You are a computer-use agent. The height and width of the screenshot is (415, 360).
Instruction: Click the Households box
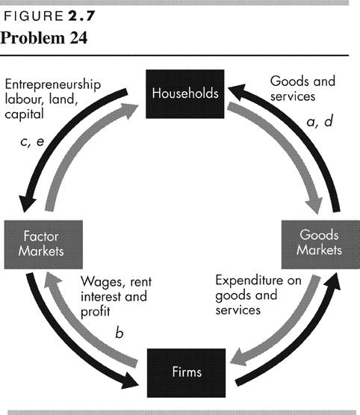click(x=185, y=94)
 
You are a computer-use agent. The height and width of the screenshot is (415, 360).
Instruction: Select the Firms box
click(x=186, y=373)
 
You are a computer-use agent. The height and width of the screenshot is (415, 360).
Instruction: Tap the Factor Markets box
click(x=43, y=245)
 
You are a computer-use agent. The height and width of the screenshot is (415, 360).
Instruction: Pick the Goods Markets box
click(x=320, y=245)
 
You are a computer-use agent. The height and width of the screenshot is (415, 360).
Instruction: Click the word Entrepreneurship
click(x=53, y=84)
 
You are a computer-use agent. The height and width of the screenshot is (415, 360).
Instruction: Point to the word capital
click(x=25, y=114)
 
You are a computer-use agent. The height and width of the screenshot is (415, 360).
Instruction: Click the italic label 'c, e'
click(x=32, y=142)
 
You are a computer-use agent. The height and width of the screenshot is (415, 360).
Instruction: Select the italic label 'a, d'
click(x=320, y=121)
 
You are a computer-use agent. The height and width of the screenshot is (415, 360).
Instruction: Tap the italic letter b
click(x=120, y=333)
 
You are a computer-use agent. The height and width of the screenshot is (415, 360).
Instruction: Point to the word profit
click(x=95, y=312)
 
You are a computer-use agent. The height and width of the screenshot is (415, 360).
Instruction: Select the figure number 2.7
click(x=81, y=16)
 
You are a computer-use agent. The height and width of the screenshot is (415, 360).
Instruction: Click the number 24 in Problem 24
click(x=78, y=38)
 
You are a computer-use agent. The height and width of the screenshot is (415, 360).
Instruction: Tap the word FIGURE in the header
click(x=34, y=16)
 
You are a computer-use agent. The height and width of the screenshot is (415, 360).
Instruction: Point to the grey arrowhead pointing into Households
click(x=129, y=111)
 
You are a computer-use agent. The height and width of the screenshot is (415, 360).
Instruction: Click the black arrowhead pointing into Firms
click(x=129, y=381)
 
